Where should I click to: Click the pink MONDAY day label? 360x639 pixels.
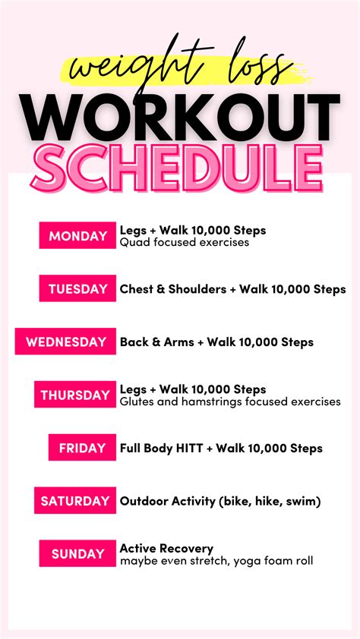click(77, 236)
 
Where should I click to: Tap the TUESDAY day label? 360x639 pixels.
click(77, 289)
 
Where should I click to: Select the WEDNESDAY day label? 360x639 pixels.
click(66, 342)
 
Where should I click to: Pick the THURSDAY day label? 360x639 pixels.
click(75, 395)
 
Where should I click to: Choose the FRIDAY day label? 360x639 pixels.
click(83, 448)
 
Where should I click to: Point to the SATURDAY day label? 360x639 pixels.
click(75, 501)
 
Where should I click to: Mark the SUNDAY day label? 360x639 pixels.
click(77, 554)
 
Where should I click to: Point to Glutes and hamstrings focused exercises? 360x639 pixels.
click(230, 401)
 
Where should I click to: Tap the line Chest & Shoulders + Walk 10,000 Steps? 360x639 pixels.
click(232, 289)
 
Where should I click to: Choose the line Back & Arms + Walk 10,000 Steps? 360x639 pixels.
click(216, 342)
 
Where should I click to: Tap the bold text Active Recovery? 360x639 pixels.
click(166, 548)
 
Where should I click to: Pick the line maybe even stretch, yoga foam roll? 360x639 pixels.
click(216, 561)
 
